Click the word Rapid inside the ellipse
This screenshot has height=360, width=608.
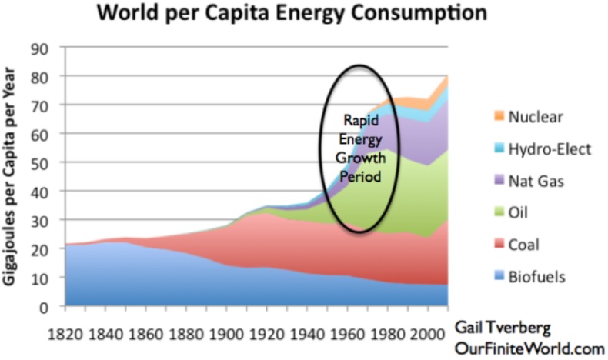pyautogui.click(x=359, y=120)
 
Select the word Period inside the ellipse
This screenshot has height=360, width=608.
pyautogui.click(x=359, y=175)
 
